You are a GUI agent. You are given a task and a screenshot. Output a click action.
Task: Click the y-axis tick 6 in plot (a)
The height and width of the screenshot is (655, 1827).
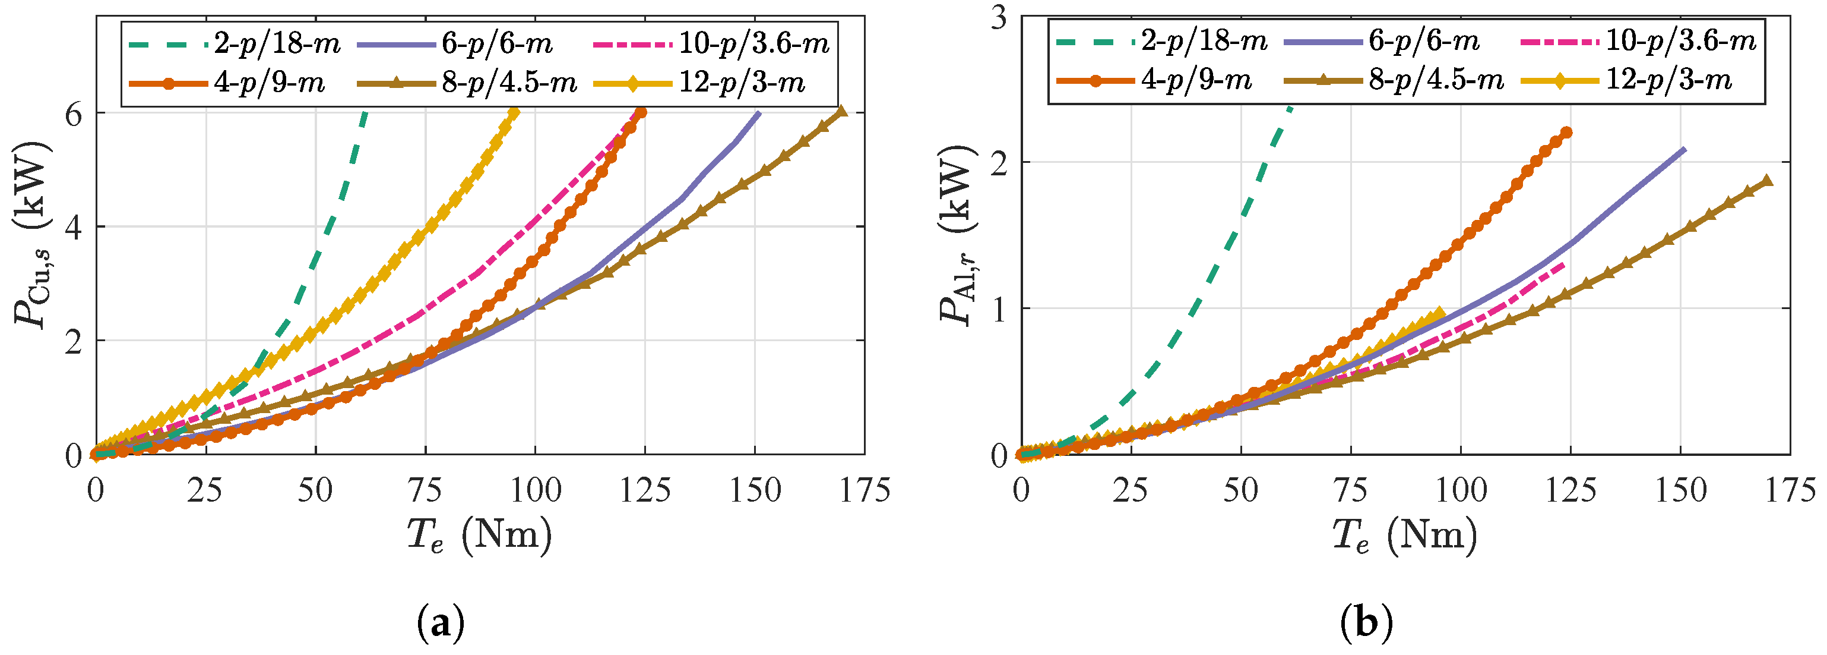(74, 114)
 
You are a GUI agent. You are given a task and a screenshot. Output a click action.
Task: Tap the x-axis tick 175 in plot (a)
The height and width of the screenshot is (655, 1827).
(864, 490)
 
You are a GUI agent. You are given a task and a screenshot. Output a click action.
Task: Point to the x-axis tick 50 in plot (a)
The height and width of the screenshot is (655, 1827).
(315, 490)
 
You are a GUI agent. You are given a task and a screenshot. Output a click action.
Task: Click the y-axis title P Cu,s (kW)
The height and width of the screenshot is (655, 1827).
(32, 234)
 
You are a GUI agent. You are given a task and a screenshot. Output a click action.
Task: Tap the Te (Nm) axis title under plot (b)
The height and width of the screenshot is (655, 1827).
(1404, 536)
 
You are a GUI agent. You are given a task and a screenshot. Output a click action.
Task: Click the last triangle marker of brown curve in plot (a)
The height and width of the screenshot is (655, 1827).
(841, 111)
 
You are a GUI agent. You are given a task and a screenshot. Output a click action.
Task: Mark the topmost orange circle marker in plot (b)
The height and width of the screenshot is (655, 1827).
(1566, 133)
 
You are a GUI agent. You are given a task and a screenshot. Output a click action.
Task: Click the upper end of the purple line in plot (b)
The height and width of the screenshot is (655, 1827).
(1684, 150)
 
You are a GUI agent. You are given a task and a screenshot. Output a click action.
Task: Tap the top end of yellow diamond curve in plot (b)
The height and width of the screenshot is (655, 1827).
(1439, 311)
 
